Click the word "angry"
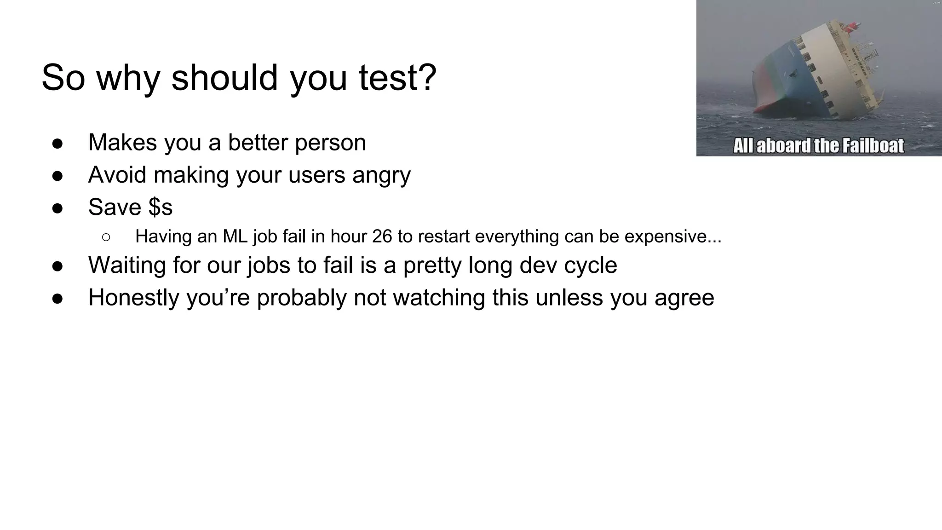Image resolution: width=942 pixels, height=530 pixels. click(x=381, y=175)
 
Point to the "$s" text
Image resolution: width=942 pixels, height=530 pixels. click(x=161, y=207)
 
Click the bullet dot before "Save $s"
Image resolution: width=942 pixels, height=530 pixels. click(x=57, y=208)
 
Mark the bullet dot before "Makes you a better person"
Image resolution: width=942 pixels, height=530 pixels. click(x=57, y=144)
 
